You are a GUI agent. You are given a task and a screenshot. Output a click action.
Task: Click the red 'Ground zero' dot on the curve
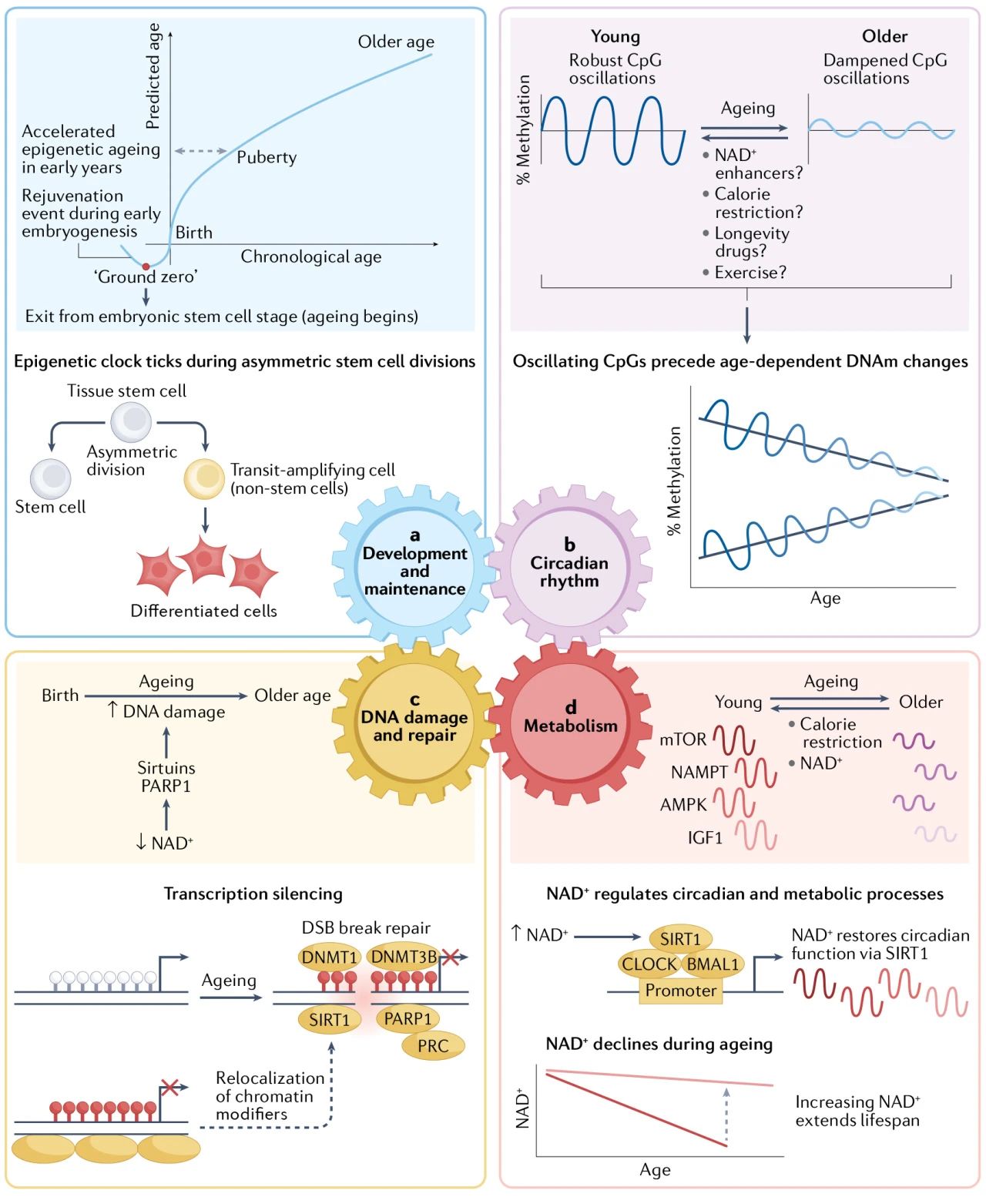[x=146, y=266]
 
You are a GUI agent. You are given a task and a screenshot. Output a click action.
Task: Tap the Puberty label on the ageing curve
[x=267, y=157]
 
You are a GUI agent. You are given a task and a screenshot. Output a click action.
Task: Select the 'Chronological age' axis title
[x=310, y=256]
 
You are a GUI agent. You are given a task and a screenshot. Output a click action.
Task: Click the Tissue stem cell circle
[x=131, y=421]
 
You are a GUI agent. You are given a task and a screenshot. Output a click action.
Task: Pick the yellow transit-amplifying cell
[x=204, y=478]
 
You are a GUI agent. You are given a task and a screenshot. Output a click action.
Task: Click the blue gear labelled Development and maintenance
[x=414, y=565]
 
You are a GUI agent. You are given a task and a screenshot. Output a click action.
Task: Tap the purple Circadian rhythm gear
[x=569, y=565]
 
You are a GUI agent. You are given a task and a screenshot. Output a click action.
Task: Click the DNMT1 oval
[x=329, y=957]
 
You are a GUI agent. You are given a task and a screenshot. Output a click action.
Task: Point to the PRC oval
[x=433, y=1046]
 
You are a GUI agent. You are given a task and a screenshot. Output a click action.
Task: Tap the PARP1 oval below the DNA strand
[x=407, y=1019]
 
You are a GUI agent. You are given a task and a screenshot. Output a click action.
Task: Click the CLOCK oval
[x=649, y=964]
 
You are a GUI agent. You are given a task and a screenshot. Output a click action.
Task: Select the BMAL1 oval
[x=713, y=964]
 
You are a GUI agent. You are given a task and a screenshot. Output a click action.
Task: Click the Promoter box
[x=680, y=990]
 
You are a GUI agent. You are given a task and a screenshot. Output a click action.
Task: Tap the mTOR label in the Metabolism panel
[x=682, y=739]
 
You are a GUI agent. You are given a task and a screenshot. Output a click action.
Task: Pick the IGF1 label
[x=705, y=837]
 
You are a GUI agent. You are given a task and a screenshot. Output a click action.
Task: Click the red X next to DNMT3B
[x=450, y=956]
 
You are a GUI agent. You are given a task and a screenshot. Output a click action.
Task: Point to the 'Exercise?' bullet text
[x=750, y=273]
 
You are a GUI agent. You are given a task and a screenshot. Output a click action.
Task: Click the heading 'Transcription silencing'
[x=253, y=894]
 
